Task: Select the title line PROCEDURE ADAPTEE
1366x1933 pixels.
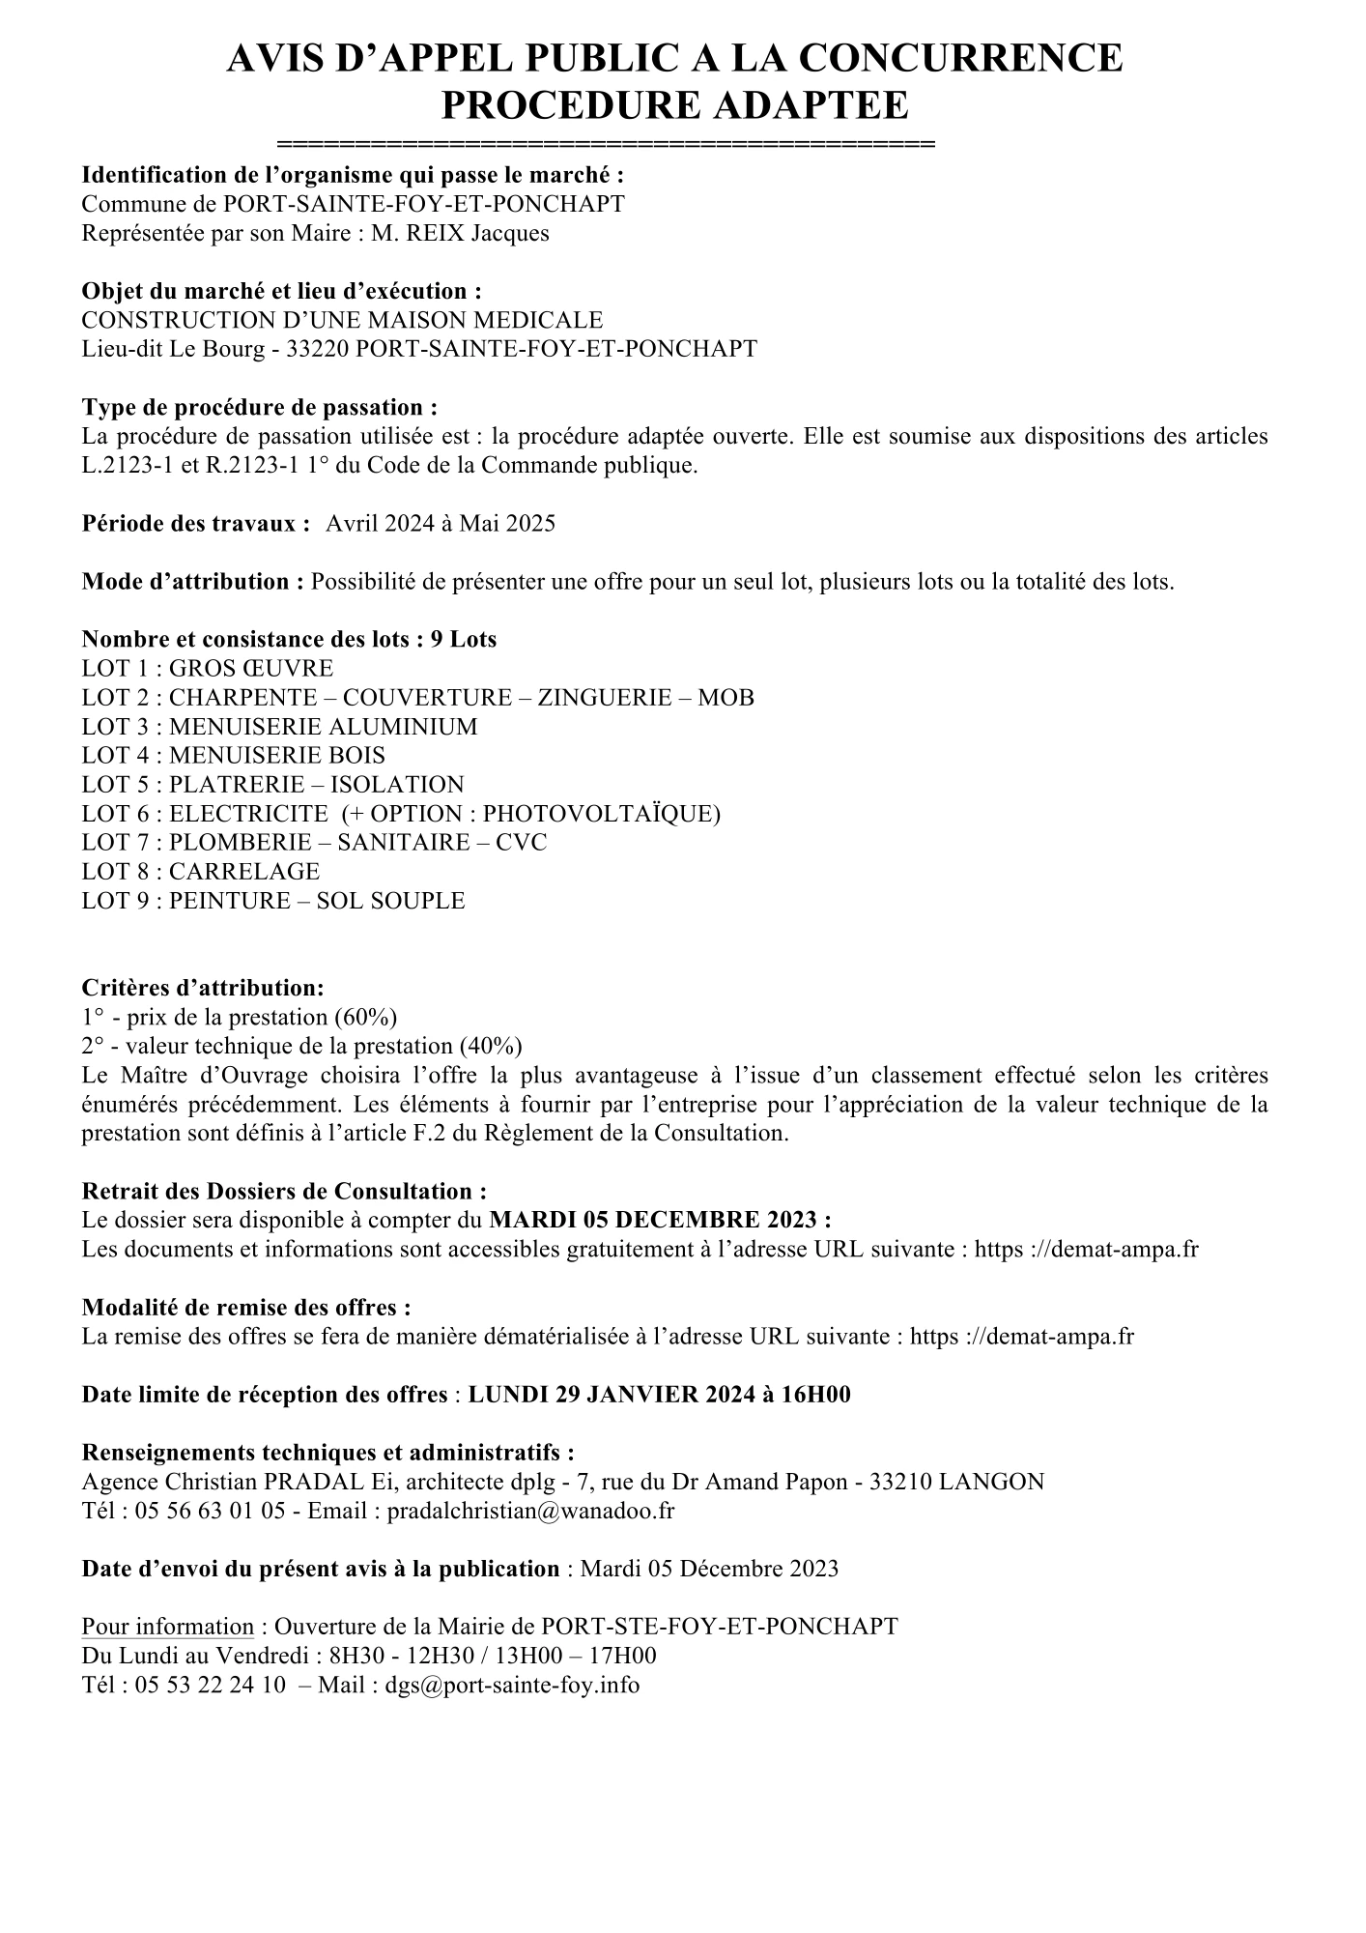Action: click(674, 104)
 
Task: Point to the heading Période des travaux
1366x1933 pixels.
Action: click(195, 524)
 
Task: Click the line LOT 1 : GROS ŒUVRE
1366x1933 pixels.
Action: click(208, 669)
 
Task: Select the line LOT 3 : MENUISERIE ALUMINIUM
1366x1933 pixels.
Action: click(279, 727)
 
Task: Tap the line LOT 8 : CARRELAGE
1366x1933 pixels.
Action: click(201, 872)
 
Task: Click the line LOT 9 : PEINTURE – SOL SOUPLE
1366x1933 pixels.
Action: click(273, 901)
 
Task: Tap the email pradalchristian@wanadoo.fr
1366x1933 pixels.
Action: click(530, 1511)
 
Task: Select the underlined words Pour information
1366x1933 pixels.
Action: click(167, 1627)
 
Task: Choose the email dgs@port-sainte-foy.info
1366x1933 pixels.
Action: click(512, 1685)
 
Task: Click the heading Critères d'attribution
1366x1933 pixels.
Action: click(203, 988)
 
